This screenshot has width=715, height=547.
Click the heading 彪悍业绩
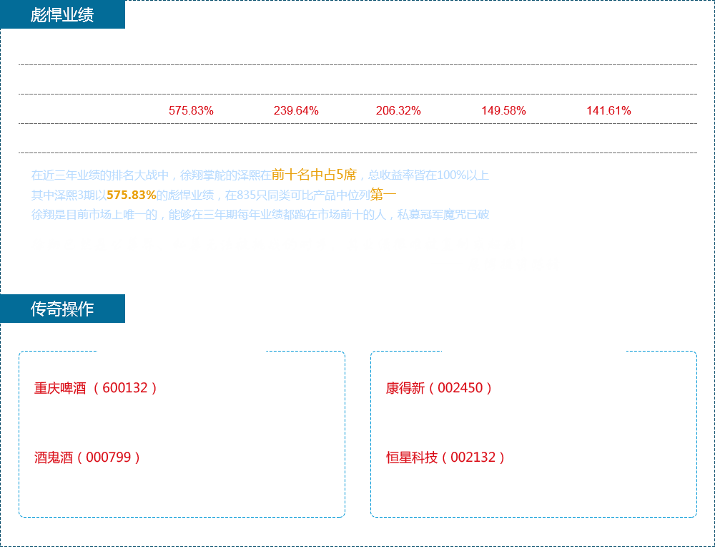point(61,15)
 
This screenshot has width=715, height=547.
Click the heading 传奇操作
point(61,309)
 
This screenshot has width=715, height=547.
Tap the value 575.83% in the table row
point(191,110)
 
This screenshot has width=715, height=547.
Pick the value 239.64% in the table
point(296,110)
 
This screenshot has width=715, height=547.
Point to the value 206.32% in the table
point(398,110)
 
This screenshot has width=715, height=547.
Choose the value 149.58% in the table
point(503,110)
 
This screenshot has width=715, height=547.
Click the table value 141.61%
point(608,110)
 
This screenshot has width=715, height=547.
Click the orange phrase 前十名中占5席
point(314,174)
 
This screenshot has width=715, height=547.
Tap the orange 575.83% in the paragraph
point(132,195)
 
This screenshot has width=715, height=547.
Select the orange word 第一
point(383,195)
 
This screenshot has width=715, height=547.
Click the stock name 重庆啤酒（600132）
point(96,388)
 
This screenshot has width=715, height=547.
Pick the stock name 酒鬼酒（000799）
point(87,458)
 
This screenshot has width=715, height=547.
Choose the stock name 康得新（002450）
point(439,388)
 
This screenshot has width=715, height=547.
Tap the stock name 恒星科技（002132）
point(446,458)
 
